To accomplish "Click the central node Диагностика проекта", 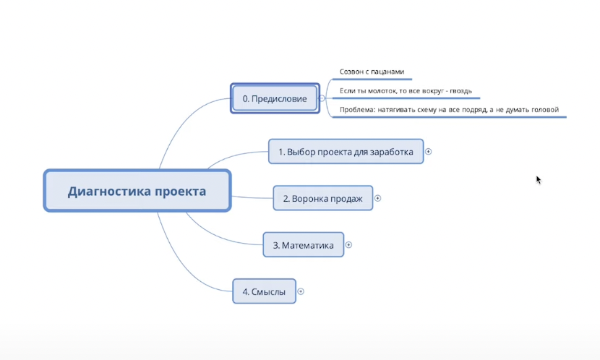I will click(x=137, y=192).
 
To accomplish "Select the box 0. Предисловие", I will click(x=274, y=98).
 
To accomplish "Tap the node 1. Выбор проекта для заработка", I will click(x=346, y=152).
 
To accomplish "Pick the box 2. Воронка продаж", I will click(x=322, y=198).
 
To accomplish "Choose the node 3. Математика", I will click(x=303, y=245).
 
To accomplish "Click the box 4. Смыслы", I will click(x=264, y=291).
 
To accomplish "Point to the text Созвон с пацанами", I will click(x=372, y=72).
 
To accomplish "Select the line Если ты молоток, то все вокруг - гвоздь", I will click(x=406, y=91).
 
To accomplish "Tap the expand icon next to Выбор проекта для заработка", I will click(x=429, y=152).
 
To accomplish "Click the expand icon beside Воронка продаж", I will click(x=378, y=198).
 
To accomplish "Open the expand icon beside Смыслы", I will click(x=301, y=291).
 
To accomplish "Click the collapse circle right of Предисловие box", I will click(x=322, y=98).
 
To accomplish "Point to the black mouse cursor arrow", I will click(x=539, y=179).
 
